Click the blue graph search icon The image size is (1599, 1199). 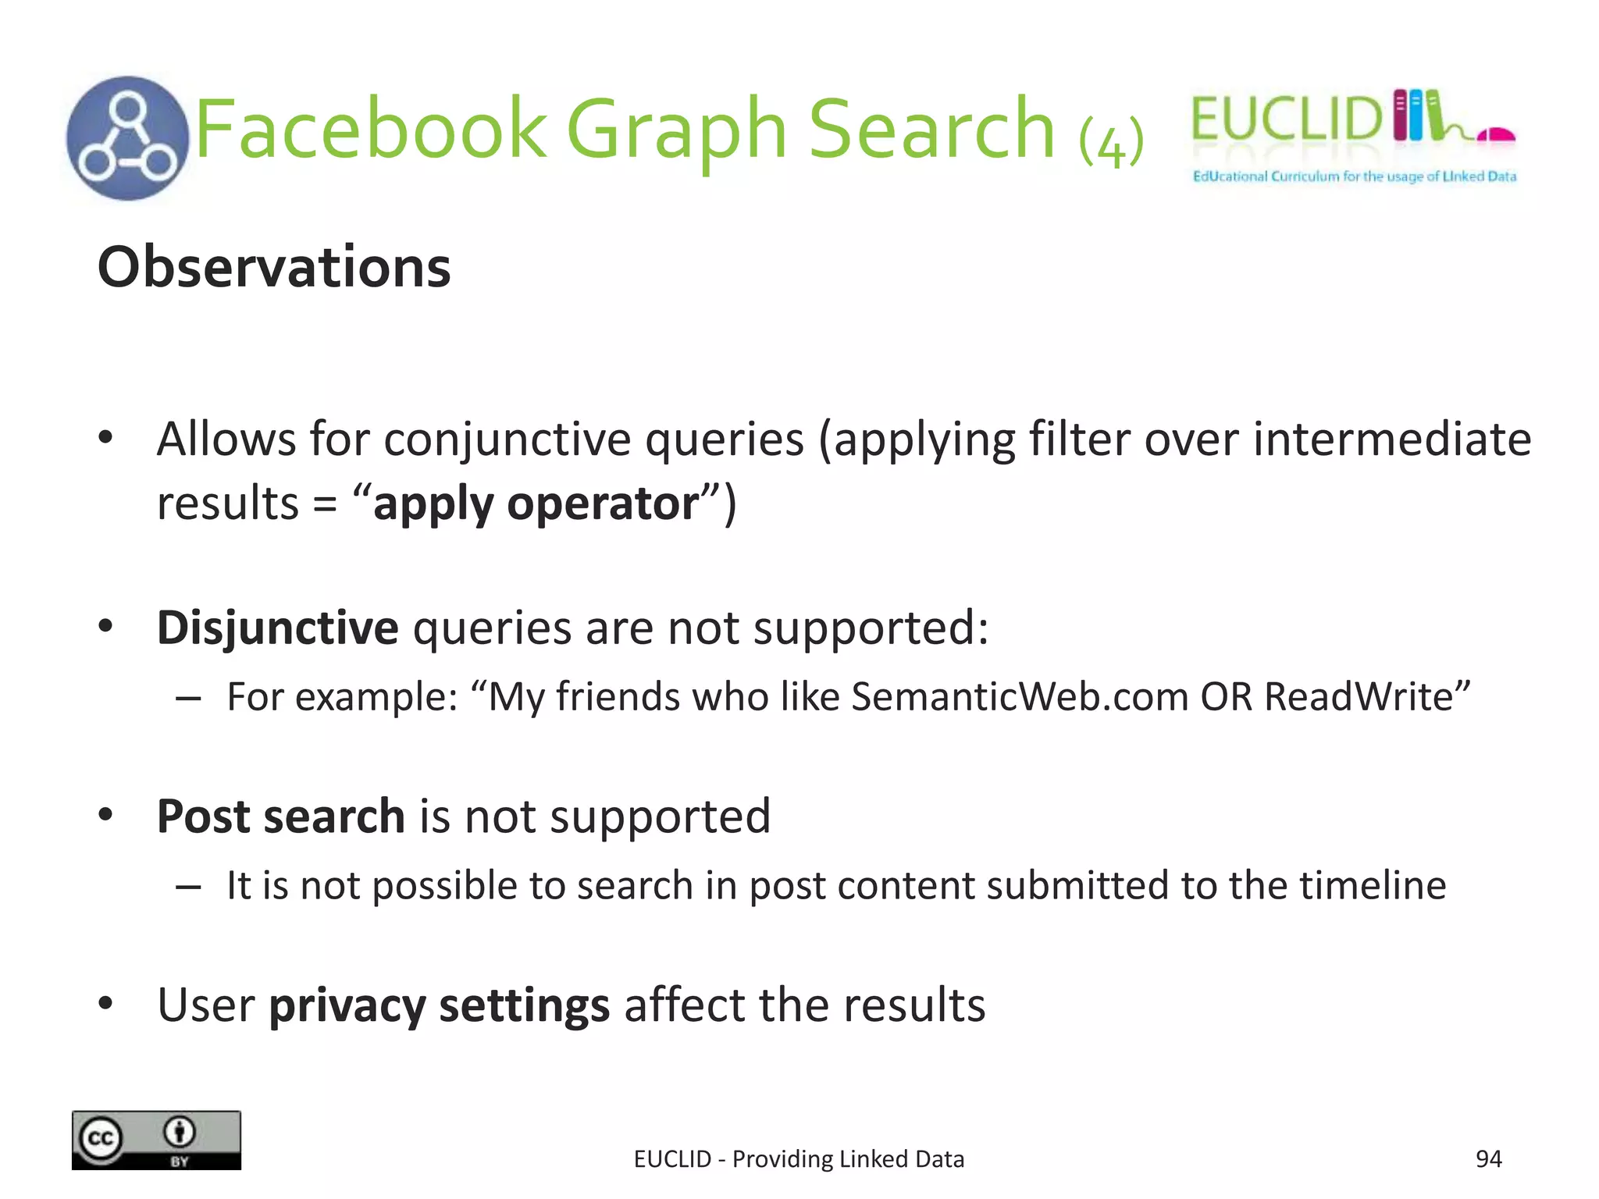pyautogui.click(x=127, y=138)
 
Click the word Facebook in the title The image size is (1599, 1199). pyautogui.click(x=371, y=129)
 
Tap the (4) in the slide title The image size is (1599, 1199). pyautogui.click(x=1111, y=142)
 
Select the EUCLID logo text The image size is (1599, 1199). pyautogui.click(x=1287, y=119)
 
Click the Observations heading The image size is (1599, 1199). pyautogui.click(x=274, y=267)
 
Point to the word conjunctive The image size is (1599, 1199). pyautogui.click(x=507, y=439)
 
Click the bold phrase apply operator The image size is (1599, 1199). pyautogui.click(x=536, y=503)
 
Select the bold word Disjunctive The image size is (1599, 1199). pyautogui.click(x=277, y=628)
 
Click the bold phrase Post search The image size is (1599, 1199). pyautogui.click(x=280, y=817)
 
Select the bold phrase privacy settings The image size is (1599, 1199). pyautogui.click(x=439, y=1005)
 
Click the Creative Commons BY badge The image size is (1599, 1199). pyautogui.click(x=156, y=1140)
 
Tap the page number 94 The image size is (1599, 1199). pyautogui.click(x=1488, y=1159)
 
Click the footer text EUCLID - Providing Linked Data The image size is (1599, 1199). pyautogui.click(x=799, y=1159)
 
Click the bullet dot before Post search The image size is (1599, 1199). pyautogui.click(x=106, y=815)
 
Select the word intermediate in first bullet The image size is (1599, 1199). pyautogui.click(x=1392, y=439)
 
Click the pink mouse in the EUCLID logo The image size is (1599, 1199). pyautogui.click(x=1495, y=135)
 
